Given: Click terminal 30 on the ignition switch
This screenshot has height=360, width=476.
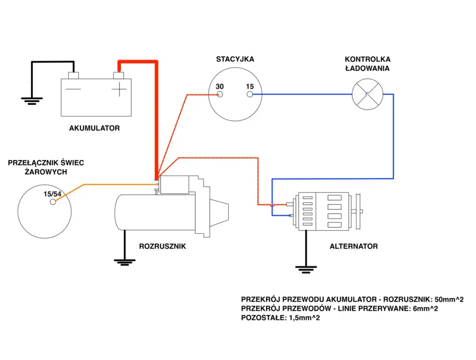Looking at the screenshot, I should pyautogui.click(x=220, y=94).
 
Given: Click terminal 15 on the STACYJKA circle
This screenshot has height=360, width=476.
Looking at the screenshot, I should pyautogui.click(x=249, y=94).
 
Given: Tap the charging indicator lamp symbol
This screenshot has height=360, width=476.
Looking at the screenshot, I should pyautogui.click(x=367, y=94).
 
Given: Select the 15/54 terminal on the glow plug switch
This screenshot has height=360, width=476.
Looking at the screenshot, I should pyautogui.click(x=53, y=202).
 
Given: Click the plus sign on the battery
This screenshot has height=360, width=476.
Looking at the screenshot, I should pyautogui.click(x=119, y=90).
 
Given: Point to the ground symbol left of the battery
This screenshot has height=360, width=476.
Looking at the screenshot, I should pyautogui.click(x=30, y=101).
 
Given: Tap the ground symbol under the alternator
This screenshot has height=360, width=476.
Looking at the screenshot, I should pyautogui.click(x=306, y=269).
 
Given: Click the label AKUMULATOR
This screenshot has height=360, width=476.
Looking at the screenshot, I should pyautogui.click(x=94, y=128).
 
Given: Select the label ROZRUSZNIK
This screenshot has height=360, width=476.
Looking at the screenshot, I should pyautogui.click(x=162, y=246).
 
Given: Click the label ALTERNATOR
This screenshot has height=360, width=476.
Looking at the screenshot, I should pyautogui.click(x=353, y=246).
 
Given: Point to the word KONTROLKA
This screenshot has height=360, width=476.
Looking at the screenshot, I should pyautogui.click(x=367, y=59).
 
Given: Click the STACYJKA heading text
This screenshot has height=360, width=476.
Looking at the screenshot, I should pyautogui.click(x=235, y=59).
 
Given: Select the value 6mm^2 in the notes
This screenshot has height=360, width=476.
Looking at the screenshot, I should pyautogui.click(x=423, y=308).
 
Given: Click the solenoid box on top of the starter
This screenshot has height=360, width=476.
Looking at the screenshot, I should pyautogui.click(x=174, y=184).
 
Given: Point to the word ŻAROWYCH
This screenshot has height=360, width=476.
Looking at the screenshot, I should pyautogui.click(x=46, y=172).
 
